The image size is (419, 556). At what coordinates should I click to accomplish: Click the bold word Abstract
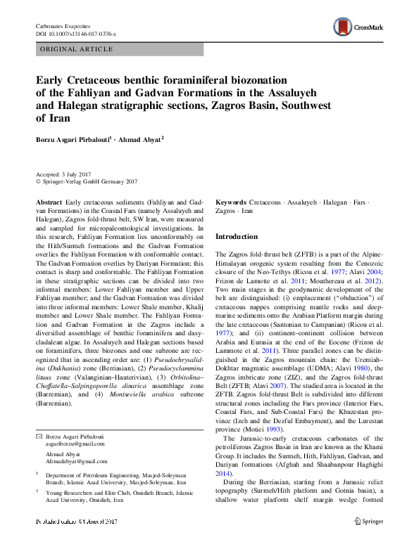click(48, 202)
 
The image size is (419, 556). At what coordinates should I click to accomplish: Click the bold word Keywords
click(231, 202)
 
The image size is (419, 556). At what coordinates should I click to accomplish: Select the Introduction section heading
click(236, 237)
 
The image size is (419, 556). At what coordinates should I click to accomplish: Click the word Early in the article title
click(53, 80)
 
